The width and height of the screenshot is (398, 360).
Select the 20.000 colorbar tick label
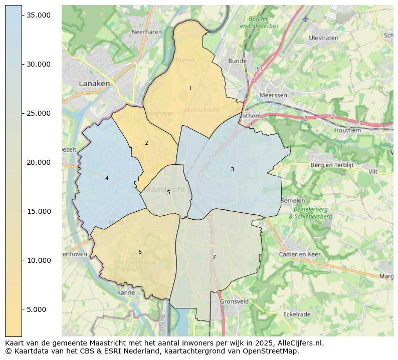pyautogui.click(x=39, y=162)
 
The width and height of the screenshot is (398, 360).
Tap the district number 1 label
pyautogui.click(x=190, y=89)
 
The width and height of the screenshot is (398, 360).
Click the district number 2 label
pyautogui.click(x=146, y=143)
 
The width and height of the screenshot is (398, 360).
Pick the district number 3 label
pyautogui.click(x=232, y=170)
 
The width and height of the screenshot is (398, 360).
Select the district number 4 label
pyautogui.click(x=107, y=178)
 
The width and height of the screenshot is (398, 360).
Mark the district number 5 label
pyautogui.click(x=168, y=193)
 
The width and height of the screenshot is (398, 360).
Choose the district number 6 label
pyautogui.click(x=140, y=252)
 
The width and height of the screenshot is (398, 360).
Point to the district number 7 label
pyautogui.click(x=214, y=257)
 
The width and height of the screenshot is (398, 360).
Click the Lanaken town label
pyautogui.click(x=94, y=84)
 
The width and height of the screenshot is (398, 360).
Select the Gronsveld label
pyautogui.click(x=234, y=302)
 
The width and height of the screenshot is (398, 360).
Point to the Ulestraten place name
pyautogui.click(x=323, y=38)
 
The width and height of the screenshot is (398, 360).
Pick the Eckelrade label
pyautogui.click(x=297, y=314)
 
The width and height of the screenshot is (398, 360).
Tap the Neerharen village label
pyautogui.click(x=146, y=32)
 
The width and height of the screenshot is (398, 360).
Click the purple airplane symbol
pyautogui.click(x=306, y=19)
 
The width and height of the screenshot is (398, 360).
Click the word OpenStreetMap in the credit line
pyautogui.click(x=271, y=351)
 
